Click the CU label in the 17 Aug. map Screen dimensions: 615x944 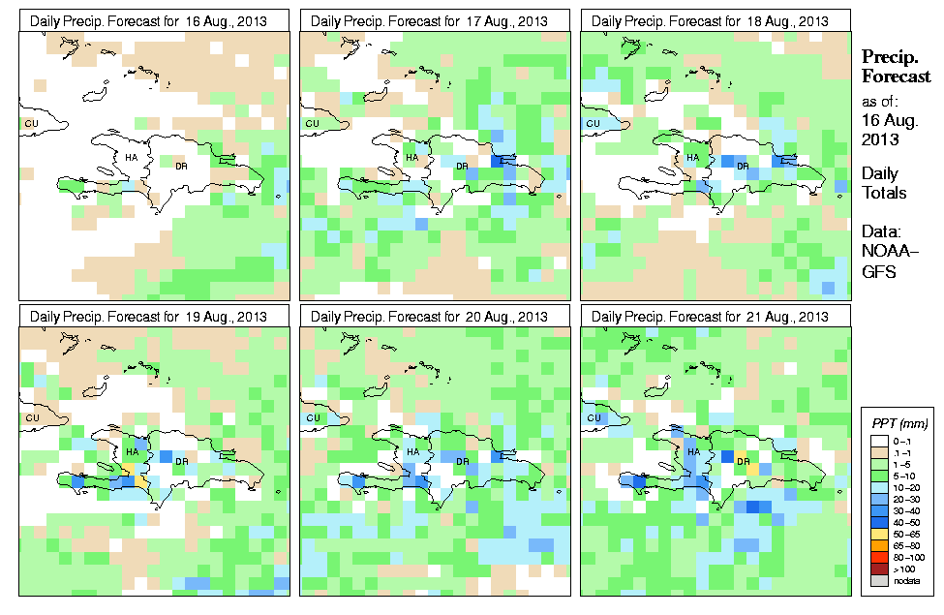click(x=312, y=123)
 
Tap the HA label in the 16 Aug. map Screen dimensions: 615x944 click(x=132, y=157)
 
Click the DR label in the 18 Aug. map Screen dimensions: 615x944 click(x=744, y=166)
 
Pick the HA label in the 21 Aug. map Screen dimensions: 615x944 click(x=693, y=452)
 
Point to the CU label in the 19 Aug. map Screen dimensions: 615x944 click(x=31, y=418)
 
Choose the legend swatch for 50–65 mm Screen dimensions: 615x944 click(x=879, y=534)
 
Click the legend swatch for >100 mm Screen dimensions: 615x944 click(x=879, y=569)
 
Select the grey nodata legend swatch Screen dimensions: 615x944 click(x=879, y=580)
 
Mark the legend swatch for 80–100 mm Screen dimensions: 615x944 click(x=879, y=557)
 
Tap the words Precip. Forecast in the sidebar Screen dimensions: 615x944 click(x=896, y=67)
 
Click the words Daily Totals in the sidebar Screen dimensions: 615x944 click(x=884, y=183)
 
